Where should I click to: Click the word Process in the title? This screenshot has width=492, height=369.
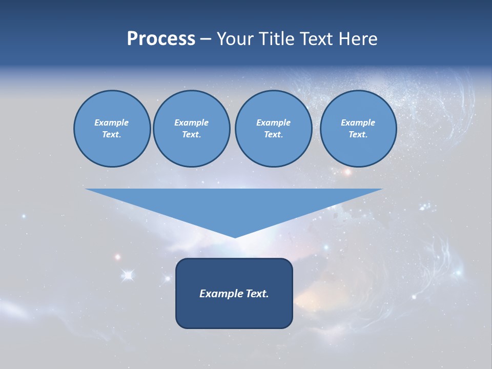[161, 39]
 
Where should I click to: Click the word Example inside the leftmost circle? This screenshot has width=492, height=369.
[112, 122]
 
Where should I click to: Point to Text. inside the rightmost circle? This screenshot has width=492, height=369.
[358, 134]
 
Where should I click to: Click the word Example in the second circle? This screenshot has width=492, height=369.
[191, 122]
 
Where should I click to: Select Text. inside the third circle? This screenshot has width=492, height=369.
[273, 134]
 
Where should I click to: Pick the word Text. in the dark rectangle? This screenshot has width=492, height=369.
[258, 294]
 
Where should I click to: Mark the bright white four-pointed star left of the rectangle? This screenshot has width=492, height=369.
[128, 276]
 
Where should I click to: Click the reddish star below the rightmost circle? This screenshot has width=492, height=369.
[347, 172]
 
